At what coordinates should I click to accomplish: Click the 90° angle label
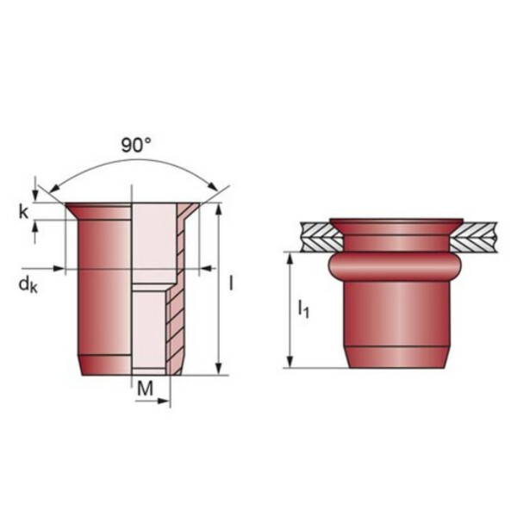[136, 145]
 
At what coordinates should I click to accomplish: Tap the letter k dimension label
[23, 212]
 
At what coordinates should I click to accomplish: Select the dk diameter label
[28, 284]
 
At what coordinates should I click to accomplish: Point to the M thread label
[145, 389]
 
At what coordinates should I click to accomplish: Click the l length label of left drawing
[231, 283]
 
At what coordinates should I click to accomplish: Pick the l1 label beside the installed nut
[303, 309]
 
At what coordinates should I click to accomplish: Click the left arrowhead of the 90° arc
[54, 188]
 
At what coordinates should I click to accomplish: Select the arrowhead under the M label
[164, 402]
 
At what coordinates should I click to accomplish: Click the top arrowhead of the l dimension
[218, 209]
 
